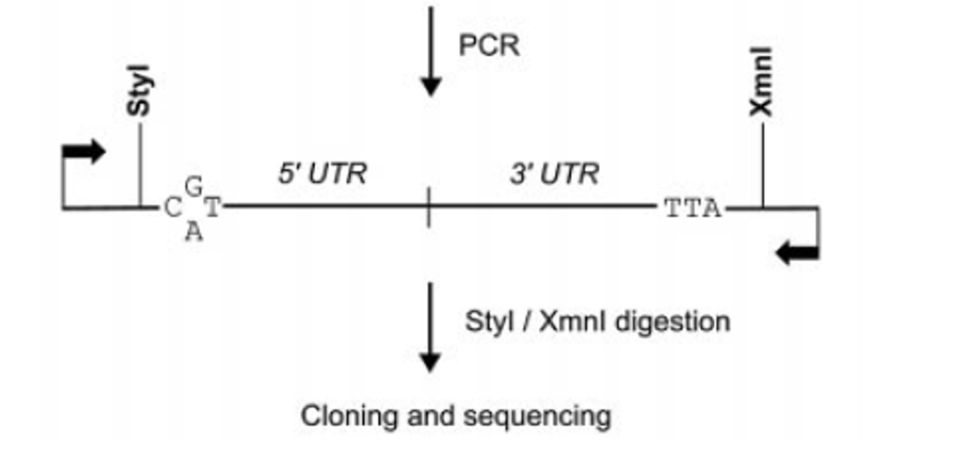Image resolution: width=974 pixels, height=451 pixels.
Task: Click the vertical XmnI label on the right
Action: [x=762, y=88]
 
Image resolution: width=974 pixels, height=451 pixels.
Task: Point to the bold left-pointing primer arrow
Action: [x=797, y=253]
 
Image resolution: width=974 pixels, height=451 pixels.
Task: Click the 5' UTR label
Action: [x=322, y=173]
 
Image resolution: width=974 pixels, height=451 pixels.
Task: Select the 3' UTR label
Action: [x=554, y=173]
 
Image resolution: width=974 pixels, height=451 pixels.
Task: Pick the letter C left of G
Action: [x=172, y=209]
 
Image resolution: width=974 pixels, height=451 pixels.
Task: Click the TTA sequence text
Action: [x=693, y=209]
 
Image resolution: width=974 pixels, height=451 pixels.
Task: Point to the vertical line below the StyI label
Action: [x=140, y=167]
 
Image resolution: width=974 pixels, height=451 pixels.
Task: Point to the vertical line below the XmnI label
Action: [x=762, y=167]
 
